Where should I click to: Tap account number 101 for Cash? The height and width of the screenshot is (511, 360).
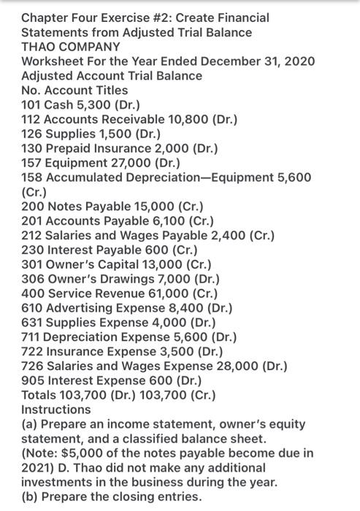click(31, 106)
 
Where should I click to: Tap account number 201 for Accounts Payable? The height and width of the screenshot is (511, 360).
click(32, 226)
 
